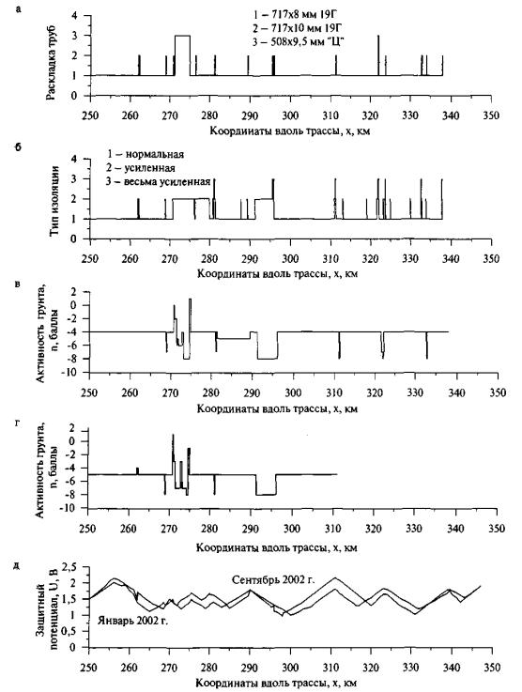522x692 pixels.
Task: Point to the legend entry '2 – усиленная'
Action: click(x=141, y=168)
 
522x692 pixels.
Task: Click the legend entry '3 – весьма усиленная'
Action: click(x=158, y=181)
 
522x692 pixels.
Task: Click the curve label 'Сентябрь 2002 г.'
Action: click(x=273, y=579)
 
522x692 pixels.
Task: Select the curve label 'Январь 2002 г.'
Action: click(x=133, y=620)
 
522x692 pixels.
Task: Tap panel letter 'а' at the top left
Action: click(x=18, y=8)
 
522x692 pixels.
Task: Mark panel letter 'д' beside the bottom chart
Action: click(x=17, y=566)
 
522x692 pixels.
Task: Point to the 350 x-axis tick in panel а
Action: click(x=491, y=115)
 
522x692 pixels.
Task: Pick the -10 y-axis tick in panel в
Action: click(x=72, y=373)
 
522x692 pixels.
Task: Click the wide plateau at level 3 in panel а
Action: click(x=183, y=36)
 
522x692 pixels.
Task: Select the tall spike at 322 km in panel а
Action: click(x=378, y=55)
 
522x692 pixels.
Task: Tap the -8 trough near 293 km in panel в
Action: click(x=268, y=359)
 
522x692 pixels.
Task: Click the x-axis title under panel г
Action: click(x=277, y=547)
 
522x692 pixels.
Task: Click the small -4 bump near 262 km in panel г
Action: click(x=137, y=471)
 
